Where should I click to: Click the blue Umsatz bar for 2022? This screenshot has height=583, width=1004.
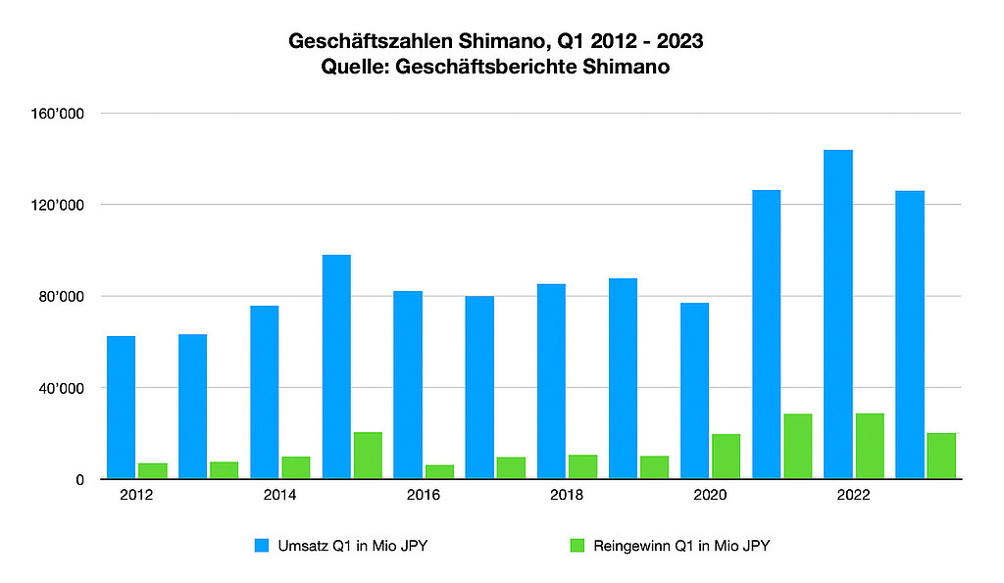[838, 315]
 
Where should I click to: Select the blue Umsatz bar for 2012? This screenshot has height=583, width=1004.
[122, 408]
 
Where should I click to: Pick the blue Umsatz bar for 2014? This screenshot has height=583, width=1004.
[265, 392]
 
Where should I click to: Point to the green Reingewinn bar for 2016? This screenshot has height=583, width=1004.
[440, 471]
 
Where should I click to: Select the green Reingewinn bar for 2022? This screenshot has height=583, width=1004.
[870, 446]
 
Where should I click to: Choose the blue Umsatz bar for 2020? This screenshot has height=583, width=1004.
[695, 391]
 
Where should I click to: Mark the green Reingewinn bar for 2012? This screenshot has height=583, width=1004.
[153, 470]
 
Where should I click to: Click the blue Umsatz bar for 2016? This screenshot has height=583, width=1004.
[408, 385]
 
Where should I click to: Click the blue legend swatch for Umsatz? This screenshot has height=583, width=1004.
[262, 546]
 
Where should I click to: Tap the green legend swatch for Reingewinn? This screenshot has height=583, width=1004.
[577, 546]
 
